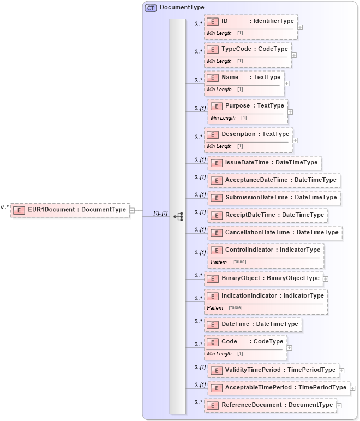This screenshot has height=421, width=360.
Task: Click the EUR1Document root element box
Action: click(x=70, y=210)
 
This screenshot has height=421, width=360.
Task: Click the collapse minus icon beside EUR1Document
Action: click(x=132, y=210)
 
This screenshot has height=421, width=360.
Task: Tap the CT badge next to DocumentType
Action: click(x=151, y=8)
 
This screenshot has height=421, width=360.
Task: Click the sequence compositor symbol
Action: click(x=178, y=217)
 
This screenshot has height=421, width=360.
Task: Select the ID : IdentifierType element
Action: click(x=251, y=21)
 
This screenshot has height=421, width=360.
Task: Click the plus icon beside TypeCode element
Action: click(x=294, y=55)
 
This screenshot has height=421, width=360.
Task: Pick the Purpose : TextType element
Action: click(x=248, y=106)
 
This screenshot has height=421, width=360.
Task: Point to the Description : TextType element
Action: click(x=248, y=134)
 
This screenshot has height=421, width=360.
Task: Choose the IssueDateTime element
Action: click(x=265, y=163)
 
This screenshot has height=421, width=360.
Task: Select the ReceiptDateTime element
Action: click(x=268, y=215)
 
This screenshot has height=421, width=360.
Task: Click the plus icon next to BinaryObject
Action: click(x=326, y=278)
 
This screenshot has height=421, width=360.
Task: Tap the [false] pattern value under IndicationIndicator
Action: click(x=236, y=308)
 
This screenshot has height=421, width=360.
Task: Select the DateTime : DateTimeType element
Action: click(x=253, y=324)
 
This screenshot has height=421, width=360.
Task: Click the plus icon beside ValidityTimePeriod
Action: click(x=341, y=370)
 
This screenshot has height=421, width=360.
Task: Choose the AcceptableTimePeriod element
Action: click(x=279, y=388)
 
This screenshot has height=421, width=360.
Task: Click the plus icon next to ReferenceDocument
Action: click(x=339, y=405)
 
